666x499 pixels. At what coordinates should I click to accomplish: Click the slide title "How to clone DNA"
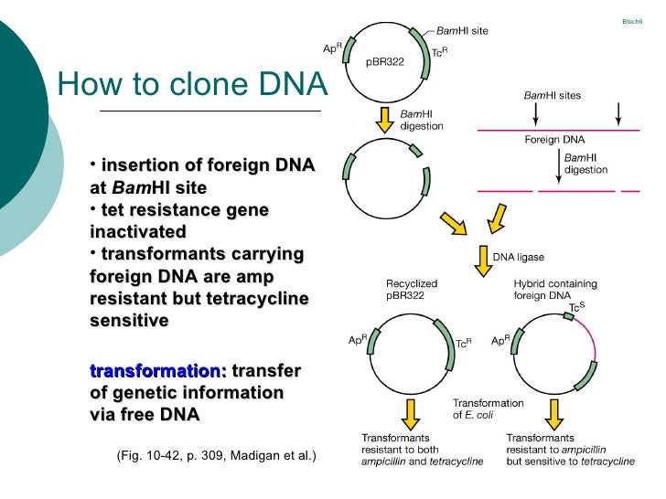[x=191, y=85]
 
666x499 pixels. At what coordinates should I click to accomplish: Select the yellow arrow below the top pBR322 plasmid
[x=385, y=118]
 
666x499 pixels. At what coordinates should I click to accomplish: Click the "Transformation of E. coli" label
[x=489, y=409]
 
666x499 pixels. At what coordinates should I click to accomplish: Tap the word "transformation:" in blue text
[x=157, y=371]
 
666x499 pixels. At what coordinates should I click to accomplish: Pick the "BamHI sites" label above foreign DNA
[x=552, y=95]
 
